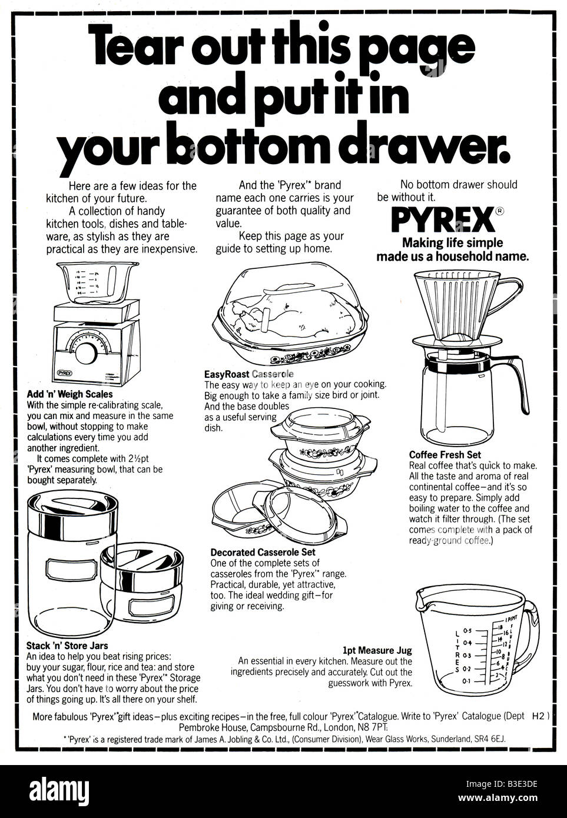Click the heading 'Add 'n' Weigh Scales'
coord(69,394)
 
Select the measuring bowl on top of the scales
coord(87,282)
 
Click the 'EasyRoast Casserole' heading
coord(248,374)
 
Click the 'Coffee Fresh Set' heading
coord(445,454)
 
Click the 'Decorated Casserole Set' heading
coord(263,552)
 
